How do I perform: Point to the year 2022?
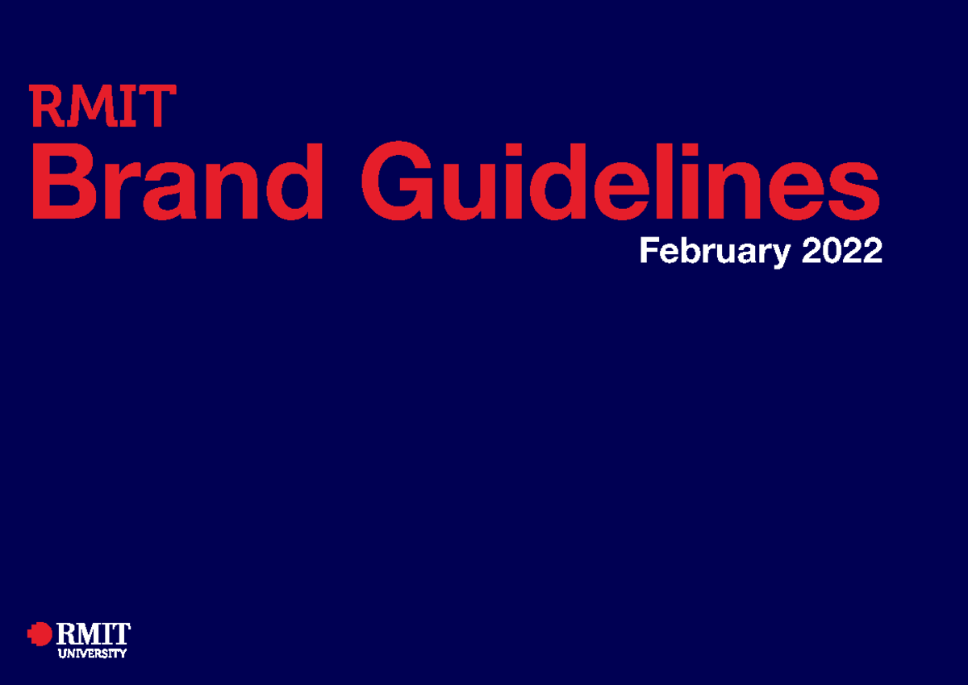click(x=842, y=251)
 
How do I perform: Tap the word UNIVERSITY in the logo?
click(x=92, y=654)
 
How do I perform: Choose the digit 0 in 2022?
click(x=831, y=251)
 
